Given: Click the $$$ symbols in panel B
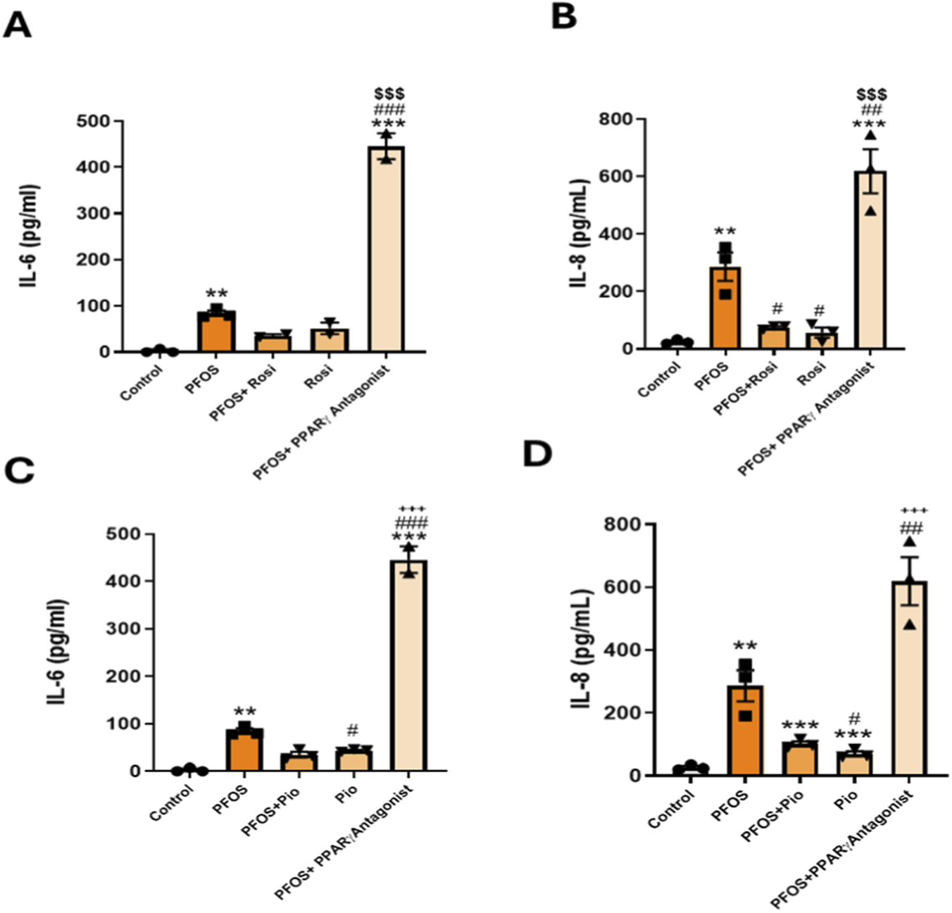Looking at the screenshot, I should click(x=871, y=94).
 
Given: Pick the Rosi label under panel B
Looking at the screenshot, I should click(x=811, y=374).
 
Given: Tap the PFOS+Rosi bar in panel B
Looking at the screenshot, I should click(x=773, y=337).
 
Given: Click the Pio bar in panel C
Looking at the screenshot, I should click(x=353, y=760).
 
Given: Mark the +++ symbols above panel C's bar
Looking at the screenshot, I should click(x=413, y=509).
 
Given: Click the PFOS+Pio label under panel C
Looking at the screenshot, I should click(x=270, y=811).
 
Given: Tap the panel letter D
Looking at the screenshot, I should click(x=537, y=454).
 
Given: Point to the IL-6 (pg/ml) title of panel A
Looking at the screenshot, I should click(x=30, y=238).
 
